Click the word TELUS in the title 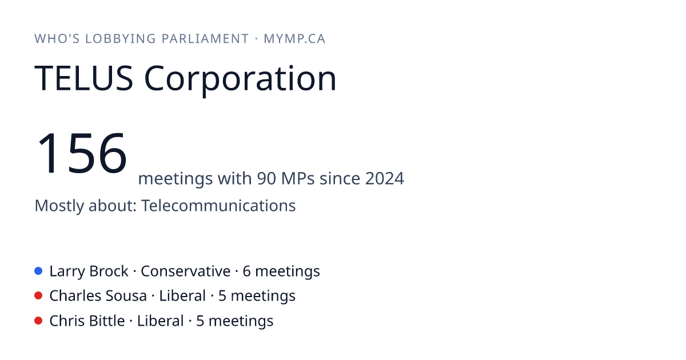(83, 78)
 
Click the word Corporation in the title (241, 80)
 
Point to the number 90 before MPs (266, 178)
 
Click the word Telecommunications (218, 205)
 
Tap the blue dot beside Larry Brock (38, 271)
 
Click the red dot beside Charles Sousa (38, 296)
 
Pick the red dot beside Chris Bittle (38, 321)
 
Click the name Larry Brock (89, 271)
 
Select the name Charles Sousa (98, 296)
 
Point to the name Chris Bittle (87, 321)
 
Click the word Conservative (186, 271)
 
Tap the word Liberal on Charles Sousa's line (182, 296)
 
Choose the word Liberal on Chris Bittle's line (160, 321)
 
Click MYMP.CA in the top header (294, 39)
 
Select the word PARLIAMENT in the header (205, 39)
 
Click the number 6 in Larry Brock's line (246, 271)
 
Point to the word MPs (298, 178)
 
